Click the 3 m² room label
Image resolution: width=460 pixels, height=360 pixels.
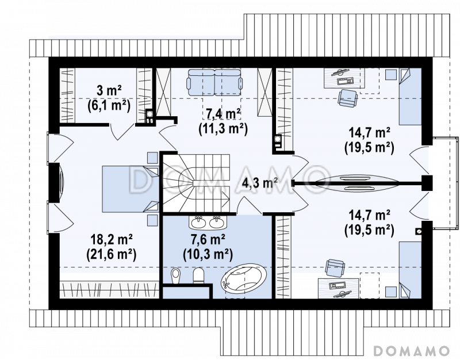tap(109, 91)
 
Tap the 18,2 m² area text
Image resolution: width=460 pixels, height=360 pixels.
tap(111, 240)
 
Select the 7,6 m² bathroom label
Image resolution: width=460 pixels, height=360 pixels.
tap(208, 240)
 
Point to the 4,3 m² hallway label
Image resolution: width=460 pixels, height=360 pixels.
tap(260, 183)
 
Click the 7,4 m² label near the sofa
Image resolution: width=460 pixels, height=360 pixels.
tap(223, 114)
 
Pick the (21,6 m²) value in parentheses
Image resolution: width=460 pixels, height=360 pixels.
tap(111, 255)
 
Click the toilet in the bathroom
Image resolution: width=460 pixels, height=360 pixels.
tap(198, 275)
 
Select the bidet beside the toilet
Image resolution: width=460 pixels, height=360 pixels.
tap(176, 276)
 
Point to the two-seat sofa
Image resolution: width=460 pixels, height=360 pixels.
tap(215, 82)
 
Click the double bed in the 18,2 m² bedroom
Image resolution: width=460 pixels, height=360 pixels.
tap(131, 189)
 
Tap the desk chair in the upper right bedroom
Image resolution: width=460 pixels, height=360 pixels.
tap(348, 98)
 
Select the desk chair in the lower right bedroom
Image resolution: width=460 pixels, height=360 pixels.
tap(335, 268)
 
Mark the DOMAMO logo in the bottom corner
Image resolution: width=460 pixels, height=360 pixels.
tap(412, 351)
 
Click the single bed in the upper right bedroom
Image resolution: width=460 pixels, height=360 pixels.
tap(410, 97)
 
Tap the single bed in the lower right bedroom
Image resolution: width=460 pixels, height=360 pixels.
tap(410, 270)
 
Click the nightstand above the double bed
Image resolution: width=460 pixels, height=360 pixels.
tap(152, 158)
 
